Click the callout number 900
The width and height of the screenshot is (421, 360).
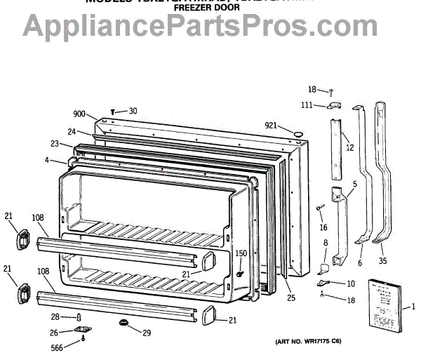pos(79,114)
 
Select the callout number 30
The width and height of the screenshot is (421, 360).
pos(133,111)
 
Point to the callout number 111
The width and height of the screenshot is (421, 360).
pos(307,105)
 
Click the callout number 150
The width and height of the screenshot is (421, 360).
pos(241,253)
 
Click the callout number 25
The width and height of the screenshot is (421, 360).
pos(291,298)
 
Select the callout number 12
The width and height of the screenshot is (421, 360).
pos(349,148)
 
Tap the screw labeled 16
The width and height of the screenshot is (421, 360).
pos(319,207)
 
